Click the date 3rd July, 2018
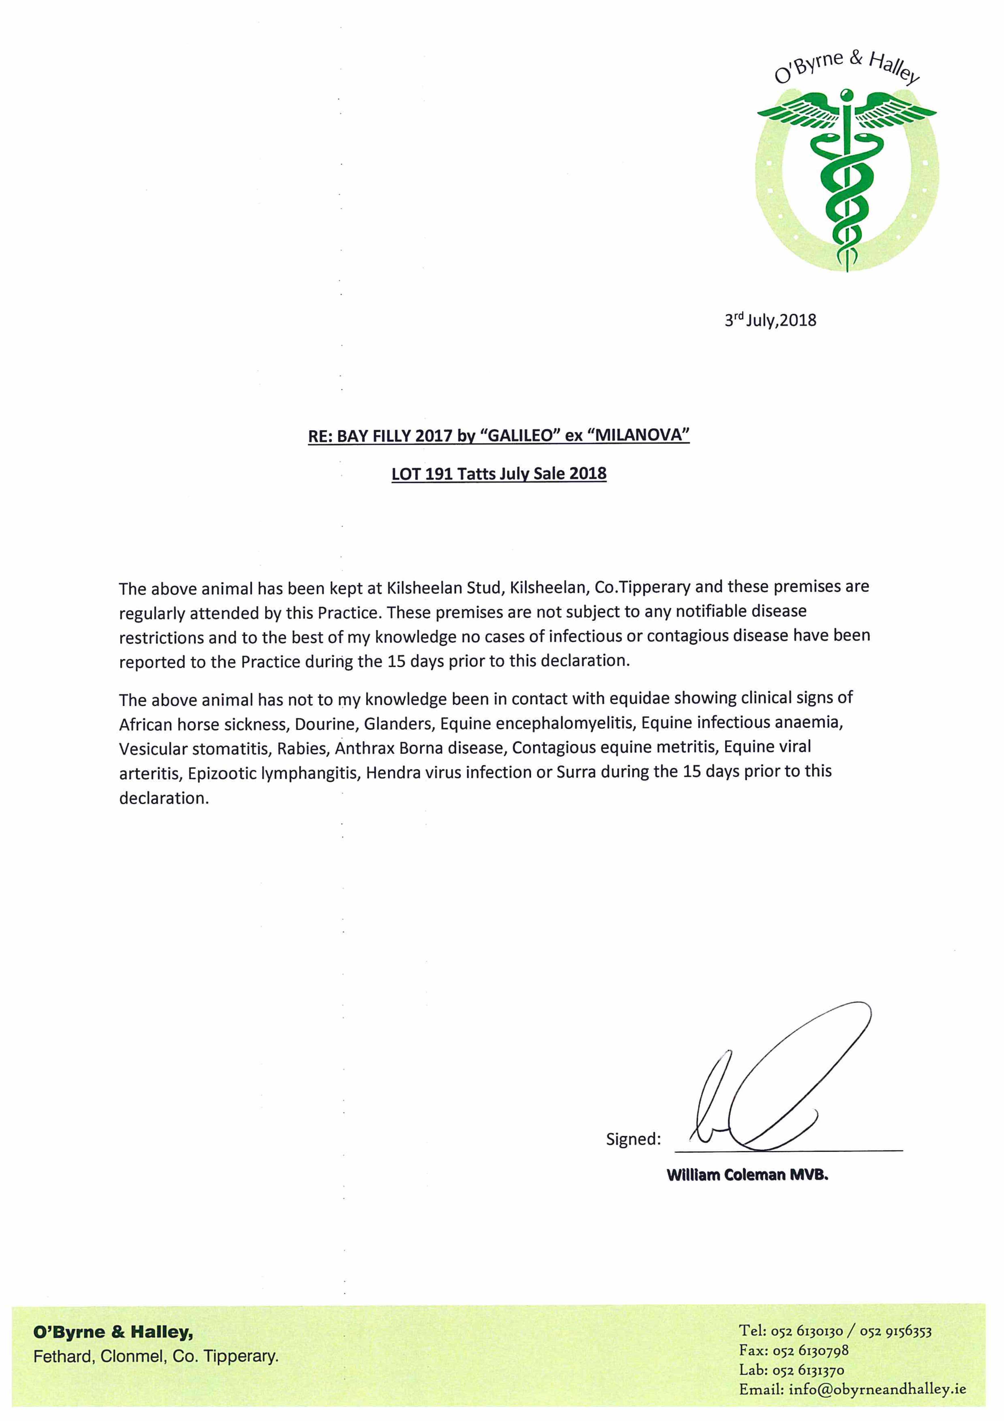tap(770, 320)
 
